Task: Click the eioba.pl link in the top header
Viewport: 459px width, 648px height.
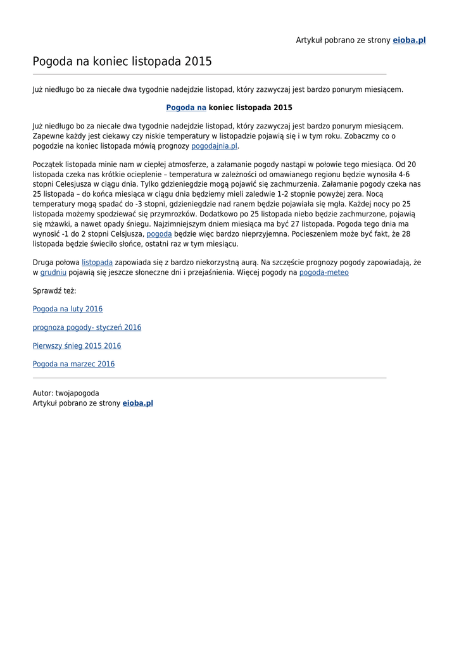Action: tap(409, 40)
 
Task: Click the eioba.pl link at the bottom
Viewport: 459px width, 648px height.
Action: tap(137, 403)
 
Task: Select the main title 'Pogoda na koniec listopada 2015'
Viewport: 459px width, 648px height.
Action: tap(122, 61)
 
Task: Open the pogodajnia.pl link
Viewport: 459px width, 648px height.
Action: tap(214, 146)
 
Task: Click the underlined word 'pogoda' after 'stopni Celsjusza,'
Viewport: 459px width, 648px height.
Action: tap(159, 234)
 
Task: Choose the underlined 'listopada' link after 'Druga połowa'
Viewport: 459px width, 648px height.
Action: tap(97, 263)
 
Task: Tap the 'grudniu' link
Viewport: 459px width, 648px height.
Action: tap(53, 273)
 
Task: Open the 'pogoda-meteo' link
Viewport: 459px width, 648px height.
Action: tap(324, 273)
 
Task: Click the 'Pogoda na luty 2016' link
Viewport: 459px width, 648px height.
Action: tap(68, 309)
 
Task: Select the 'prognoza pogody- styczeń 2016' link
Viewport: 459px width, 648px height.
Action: tap(87, 328)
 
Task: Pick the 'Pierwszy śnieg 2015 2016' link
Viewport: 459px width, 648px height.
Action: tap(77, 346)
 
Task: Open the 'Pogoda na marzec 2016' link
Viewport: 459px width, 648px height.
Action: tap(73, 364)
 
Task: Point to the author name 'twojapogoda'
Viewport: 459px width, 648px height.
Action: tap(77, 394)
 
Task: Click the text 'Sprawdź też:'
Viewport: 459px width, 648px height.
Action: tap(54, 291)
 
